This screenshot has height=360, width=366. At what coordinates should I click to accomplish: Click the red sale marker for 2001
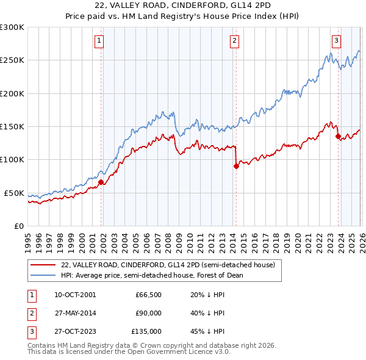pyautogui.click(x=101, y=181)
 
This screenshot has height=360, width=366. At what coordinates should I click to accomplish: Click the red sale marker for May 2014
pyautogui.click(x=236, y=166)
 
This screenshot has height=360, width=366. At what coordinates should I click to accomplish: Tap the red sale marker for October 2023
pyautogui.click(x=337, y=136)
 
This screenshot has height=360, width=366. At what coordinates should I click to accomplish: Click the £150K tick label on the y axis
pyautogui.click(x=12, y=126)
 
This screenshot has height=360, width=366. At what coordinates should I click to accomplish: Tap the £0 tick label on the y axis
pyautogui.click(x=18, y=226)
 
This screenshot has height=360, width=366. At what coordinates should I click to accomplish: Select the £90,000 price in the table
pyautogui.click(x=148, y=313)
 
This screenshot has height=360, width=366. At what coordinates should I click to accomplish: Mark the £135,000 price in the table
pyautogui.click(x=146, y=332)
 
